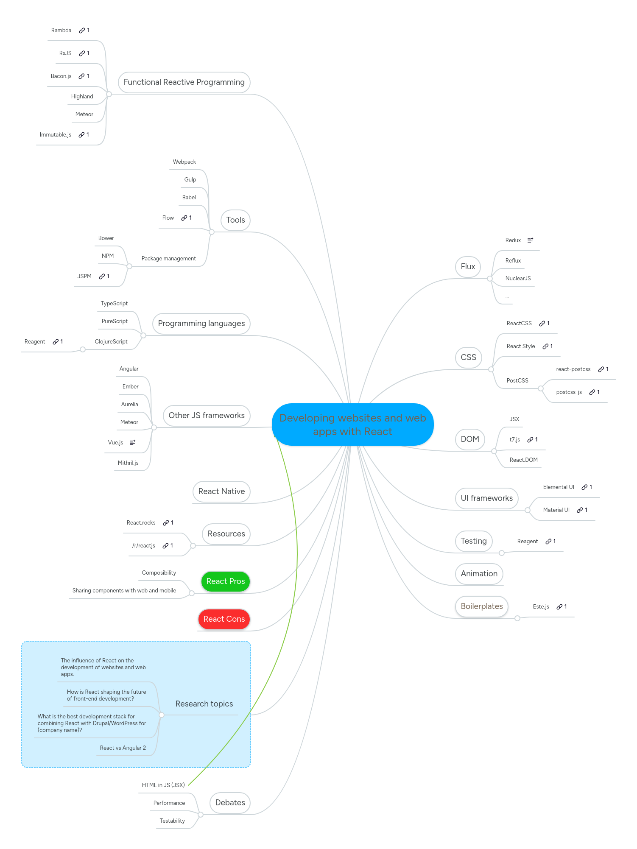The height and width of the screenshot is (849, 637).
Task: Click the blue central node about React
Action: [x=352, y=424]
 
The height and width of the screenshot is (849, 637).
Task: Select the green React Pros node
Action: [x=225, y=581]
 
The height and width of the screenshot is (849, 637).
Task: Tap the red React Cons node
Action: [x=224, y=619]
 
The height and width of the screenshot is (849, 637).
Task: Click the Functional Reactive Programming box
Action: [x=184, y=82]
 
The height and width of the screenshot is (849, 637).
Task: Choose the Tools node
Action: [x=235, y=220]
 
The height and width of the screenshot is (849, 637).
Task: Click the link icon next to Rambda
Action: [x=82, y=31]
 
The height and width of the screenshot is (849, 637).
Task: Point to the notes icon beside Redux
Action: [x=530, y=240]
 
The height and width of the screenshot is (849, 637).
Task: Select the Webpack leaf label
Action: [x=184, y=162]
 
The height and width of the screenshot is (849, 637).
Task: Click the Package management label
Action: [x=168, y=259]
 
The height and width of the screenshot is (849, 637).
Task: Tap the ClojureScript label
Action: [x=111, y=342]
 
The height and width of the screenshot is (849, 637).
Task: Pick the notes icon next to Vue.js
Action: [x=132, y=443]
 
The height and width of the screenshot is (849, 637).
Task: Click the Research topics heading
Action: [x=204, y=704]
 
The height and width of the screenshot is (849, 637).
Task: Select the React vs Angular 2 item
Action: [x=123, y=748]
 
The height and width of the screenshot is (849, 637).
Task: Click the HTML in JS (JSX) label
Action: [x=163, y=785]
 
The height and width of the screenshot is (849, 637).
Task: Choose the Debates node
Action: [x=230, y=803]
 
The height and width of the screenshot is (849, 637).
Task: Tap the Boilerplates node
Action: [x=481, y=606]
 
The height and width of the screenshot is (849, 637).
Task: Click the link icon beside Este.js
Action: [x=559, y=607]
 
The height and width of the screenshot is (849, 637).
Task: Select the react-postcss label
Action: [x=573, y=369]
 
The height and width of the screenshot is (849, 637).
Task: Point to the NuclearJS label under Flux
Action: [x=518, y=279]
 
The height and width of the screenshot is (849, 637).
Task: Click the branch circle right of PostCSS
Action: [x=541, y=388]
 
